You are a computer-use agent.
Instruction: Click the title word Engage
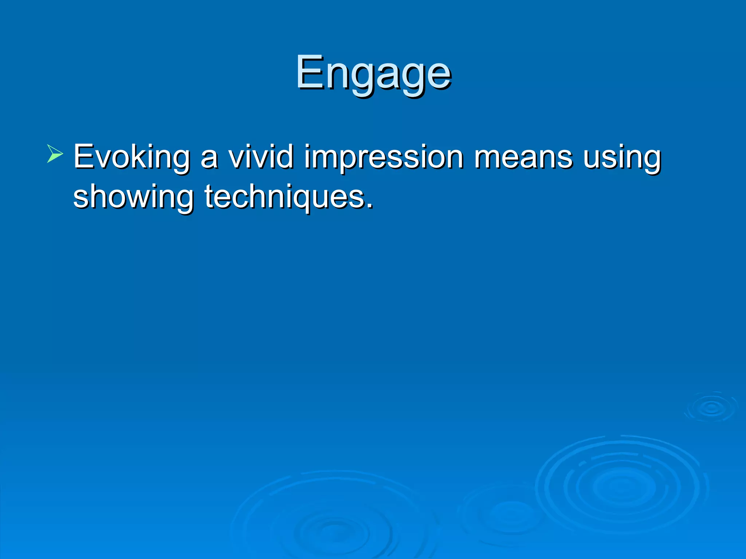click(x=373, y=73)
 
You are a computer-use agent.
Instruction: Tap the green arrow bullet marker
click(x=55, y=154)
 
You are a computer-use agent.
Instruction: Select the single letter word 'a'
click(x=209, y=160)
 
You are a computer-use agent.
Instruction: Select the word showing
click(x=133, y=197)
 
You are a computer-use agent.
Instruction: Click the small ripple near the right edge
click(x=711, y=408)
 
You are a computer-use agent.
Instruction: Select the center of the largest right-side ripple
click(x=621, y=487)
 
